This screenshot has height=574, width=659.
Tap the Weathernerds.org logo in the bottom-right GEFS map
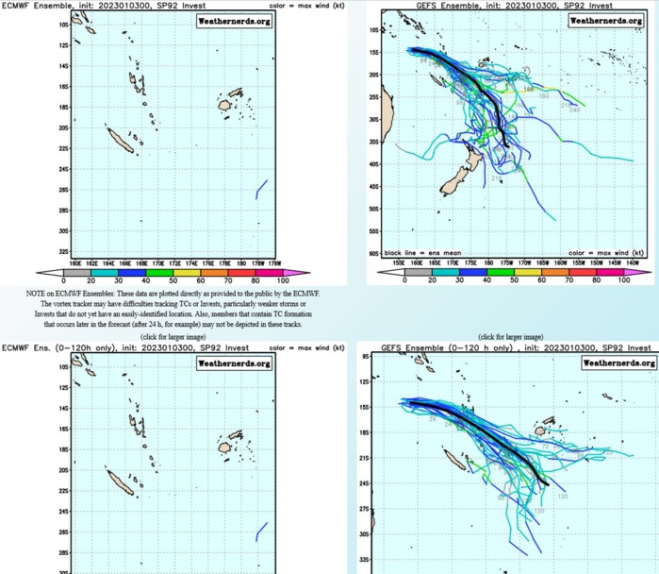(x=617, y=362)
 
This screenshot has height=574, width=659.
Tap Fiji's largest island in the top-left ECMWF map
(x=224, y=107)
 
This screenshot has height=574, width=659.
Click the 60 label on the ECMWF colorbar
(x=200, y=280)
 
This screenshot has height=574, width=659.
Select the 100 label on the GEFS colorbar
(x=623, y=280)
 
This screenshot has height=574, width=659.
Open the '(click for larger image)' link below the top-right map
(x=510, y=336)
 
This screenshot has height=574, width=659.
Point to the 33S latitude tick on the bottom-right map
(x=364, y=559)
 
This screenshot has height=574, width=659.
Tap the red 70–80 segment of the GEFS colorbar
(x=585, y=272)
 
